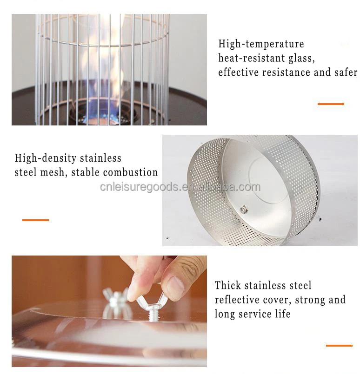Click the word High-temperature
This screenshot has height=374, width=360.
pos(261,44)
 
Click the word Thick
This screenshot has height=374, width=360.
pos(228,285)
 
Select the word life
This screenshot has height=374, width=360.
pos(283,314)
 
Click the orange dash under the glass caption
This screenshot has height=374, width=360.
pos(331,104)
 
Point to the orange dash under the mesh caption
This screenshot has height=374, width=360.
pos(35,220)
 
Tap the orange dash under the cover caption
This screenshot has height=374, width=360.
pos(339,345)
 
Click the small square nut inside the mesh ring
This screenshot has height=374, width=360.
pos(244,210)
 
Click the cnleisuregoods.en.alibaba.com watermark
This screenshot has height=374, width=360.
pos(180,187)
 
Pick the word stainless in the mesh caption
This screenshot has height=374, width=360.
pos(100,158)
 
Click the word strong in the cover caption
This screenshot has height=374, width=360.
pos(310,300)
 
